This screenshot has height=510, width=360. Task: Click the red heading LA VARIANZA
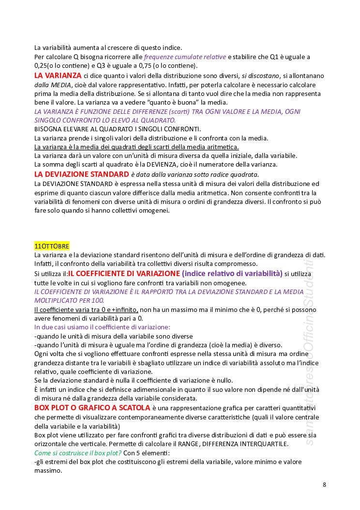click(x=58, y=76)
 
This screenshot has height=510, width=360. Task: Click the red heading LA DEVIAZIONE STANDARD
click(x=81, y=174)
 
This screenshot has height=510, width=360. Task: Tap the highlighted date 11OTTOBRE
click(x=52, y=246)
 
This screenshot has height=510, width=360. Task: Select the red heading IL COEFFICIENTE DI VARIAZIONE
click(x=124, y=273)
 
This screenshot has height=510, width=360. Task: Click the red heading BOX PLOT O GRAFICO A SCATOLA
click(x=92, y=408)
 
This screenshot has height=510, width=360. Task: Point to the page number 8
click(x=324, y=484)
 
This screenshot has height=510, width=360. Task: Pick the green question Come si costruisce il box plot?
click(x=78, y=453)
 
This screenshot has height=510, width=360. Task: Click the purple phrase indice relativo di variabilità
click(x=232, y=273)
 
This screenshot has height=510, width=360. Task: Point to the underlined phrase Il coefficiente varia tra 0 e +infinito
click(x=86, y=309)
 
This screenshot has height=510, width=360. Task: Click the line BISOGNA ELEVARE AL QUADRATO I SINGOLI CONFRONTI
click(x=117, y=129)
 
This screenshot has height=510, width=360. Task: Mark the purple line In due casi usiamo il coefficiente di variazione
click(x=102, y=327)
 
